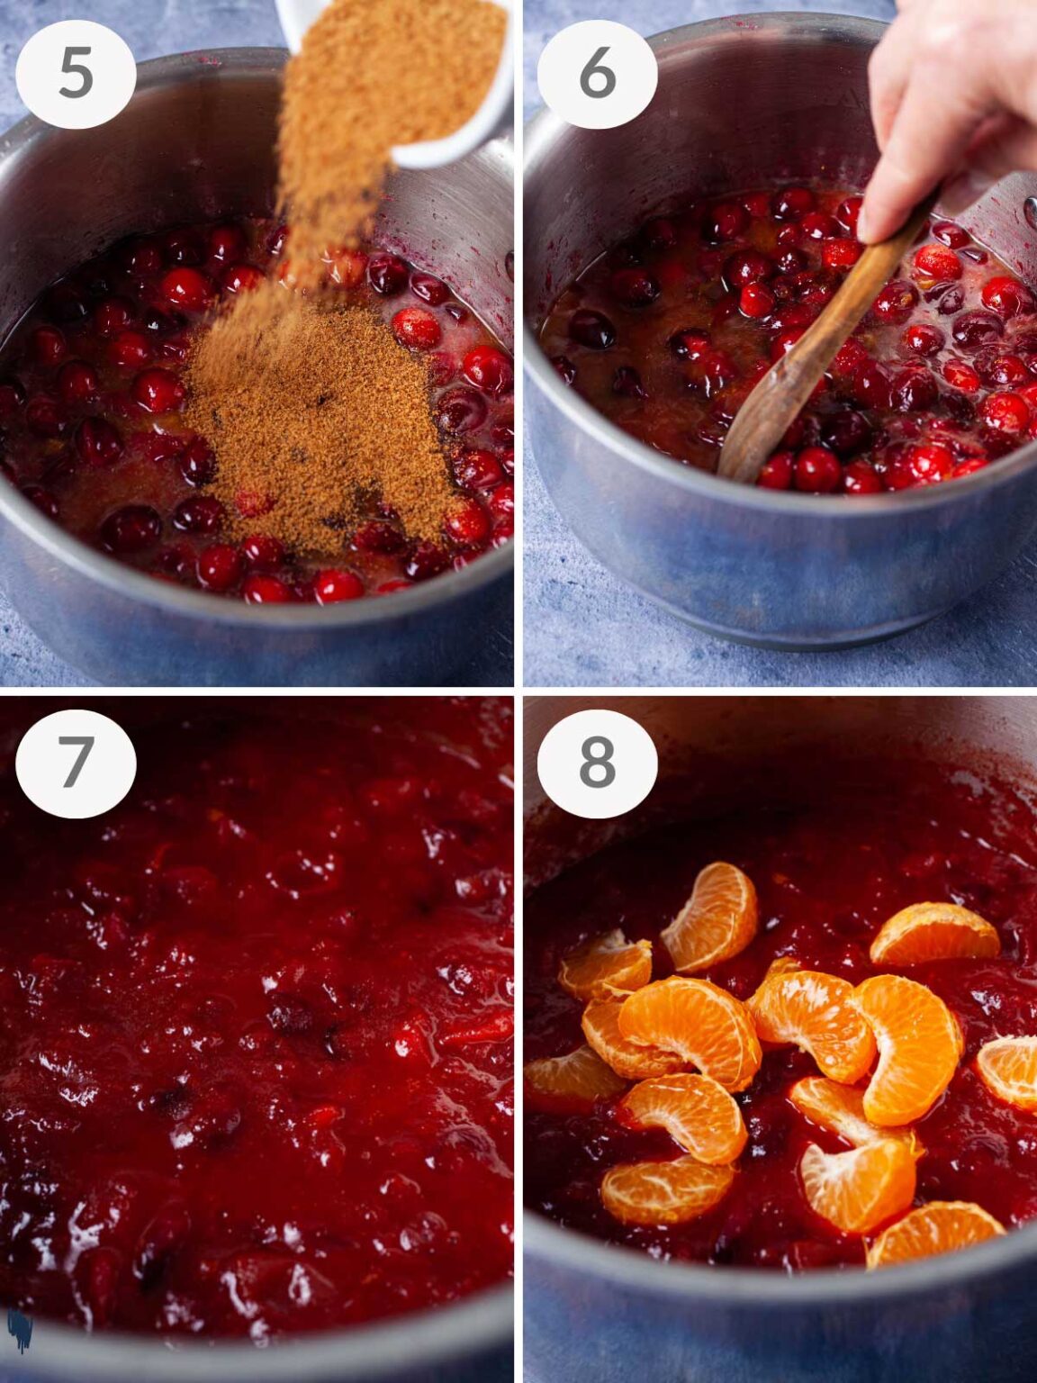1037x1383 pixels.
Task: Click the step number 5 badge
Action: pos(76,74)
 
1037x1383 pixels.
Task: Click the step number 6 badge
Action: pos(597,74)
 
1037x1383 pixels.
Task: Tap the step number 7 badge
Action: pos(76,763)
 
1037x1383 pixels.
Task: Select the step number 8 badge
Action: pos(597,763)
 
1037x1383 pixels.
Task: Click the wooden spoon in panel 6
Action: pos(810,351)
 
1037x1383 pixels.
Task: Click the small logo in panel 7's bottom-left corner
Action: pos(19,1330)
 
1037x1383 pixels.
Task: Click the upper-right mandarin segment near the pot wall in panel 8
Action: pos(934,935)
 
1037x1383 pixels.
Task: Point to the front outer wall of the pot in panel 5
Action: pos(252,639)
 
